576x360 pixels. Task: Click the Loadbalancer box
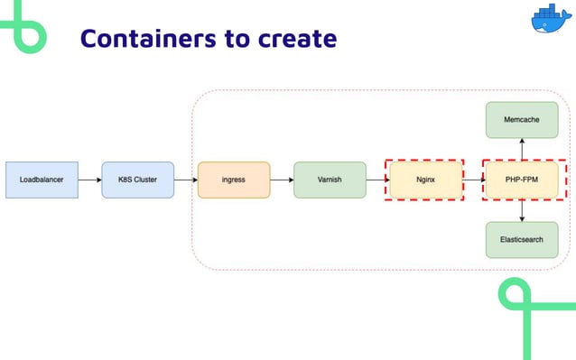[42, 180]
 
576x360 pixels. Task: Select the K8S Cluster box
[137, 180]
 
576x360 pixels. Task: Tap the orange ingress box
[234, 180]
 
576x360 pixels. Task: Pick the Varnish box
[330, 180]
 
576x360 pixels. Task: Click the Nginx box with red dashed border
[424, 180]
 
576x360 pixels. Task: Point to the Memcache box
[522, 120]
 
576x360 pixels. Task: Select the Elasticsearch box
[522, 240]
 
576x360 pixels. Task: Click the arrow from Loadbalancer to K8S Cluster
[89, 180]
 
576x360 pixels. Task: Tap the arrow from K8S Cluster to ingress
[185, 180]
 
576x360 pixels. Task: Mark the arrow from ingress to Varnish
[282, 180]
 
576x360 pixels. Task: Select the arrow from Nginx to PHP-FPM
[474, 180]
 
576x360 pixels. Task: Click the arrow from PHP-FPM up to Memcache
[522, 149]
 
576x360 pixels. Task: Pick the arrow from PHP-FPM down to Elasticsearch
[522, 210]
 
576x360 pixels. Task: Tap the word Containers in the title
[141, 39]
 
